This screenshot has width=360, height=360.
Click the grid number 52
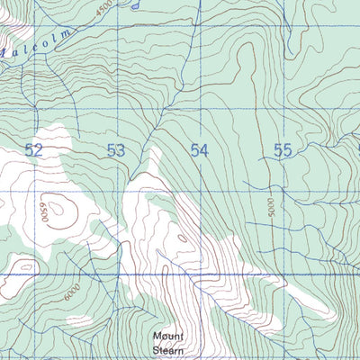tap(34, 150)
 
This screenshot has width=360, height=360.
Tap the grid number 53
tap(115, 150)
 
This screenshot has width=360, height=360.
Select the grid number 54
tap(199, 150)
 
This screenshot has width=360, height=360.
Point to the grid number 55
tap(283, 150)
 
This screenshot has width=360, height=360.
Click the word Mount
tap(167, 337)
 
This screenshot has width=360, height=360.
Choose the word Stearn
tap(167, 348)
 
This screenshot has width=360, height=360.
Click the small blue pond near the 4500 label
tap(133, 4)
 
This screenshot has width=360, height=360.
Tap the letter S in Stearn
tap(154, 348)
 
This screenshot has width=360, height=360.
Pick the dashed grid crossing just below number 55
tap(285, 191)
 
